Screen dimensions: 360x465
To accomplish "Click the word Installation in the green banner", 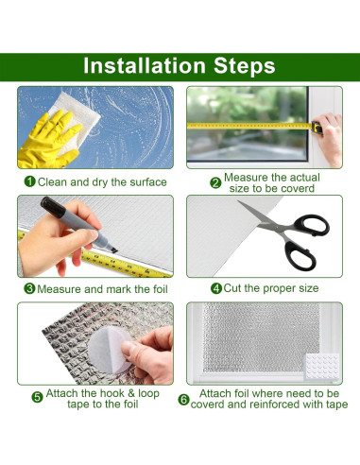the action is pos(145,65).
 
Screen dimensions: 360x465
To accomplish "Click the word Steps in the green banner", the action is pos(245,66).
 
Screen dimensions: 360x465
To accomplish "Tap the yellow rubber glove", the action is pos(47,140).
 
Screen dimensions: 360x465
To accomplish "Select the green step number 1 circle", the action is pos(30,181).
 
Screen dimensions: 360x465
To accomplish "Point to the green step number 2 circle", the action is pos(215,182).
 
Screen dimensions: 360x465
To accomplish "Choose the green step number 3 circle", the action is pos(29,288).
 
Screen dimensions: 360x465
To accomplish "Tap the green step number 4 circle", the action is pos(216,288).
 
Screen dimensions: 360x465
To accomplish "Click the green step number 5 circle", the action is pos(37,397).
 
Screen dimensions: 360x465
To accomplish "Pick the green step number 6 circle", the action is pos(183,400).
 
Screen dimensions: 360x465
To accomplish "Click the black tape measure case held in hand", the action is pos(317,128).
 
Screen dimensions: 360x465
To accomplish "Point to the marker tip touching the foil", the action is pos(114,250).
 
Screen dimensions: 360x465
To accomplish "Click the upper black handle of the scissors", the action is pos(312,225).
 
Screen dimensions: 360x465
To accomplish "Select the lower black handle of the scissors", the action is pos(300,255).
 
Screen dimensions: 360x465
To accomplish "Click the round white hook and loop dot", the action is pos(109,350).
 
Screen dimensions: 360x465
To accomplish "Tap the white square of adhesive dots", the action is pos(322,366).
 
